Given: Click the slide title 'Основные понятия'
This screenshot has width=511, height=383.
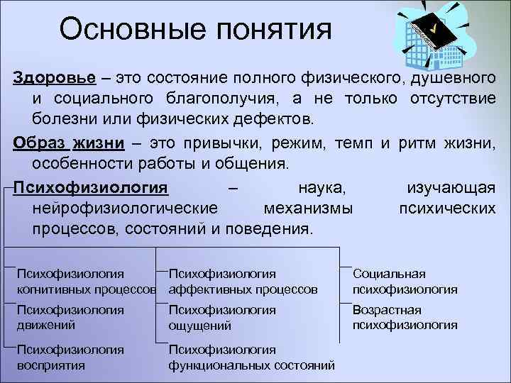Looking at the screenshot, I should pos(195,29).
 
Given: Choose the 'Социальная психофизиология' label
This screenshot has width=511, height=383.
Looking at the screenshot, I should pos(405,282).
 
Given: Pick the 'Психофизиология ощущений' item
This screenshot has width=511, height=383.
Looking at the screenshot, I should pos(221,318).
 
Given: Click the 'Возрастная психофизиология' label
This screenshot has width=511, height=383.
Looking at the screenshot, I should pos(405,317).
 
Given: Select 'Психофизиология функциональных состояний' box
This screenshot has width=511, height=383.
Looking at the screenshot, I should pos(251,357).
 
